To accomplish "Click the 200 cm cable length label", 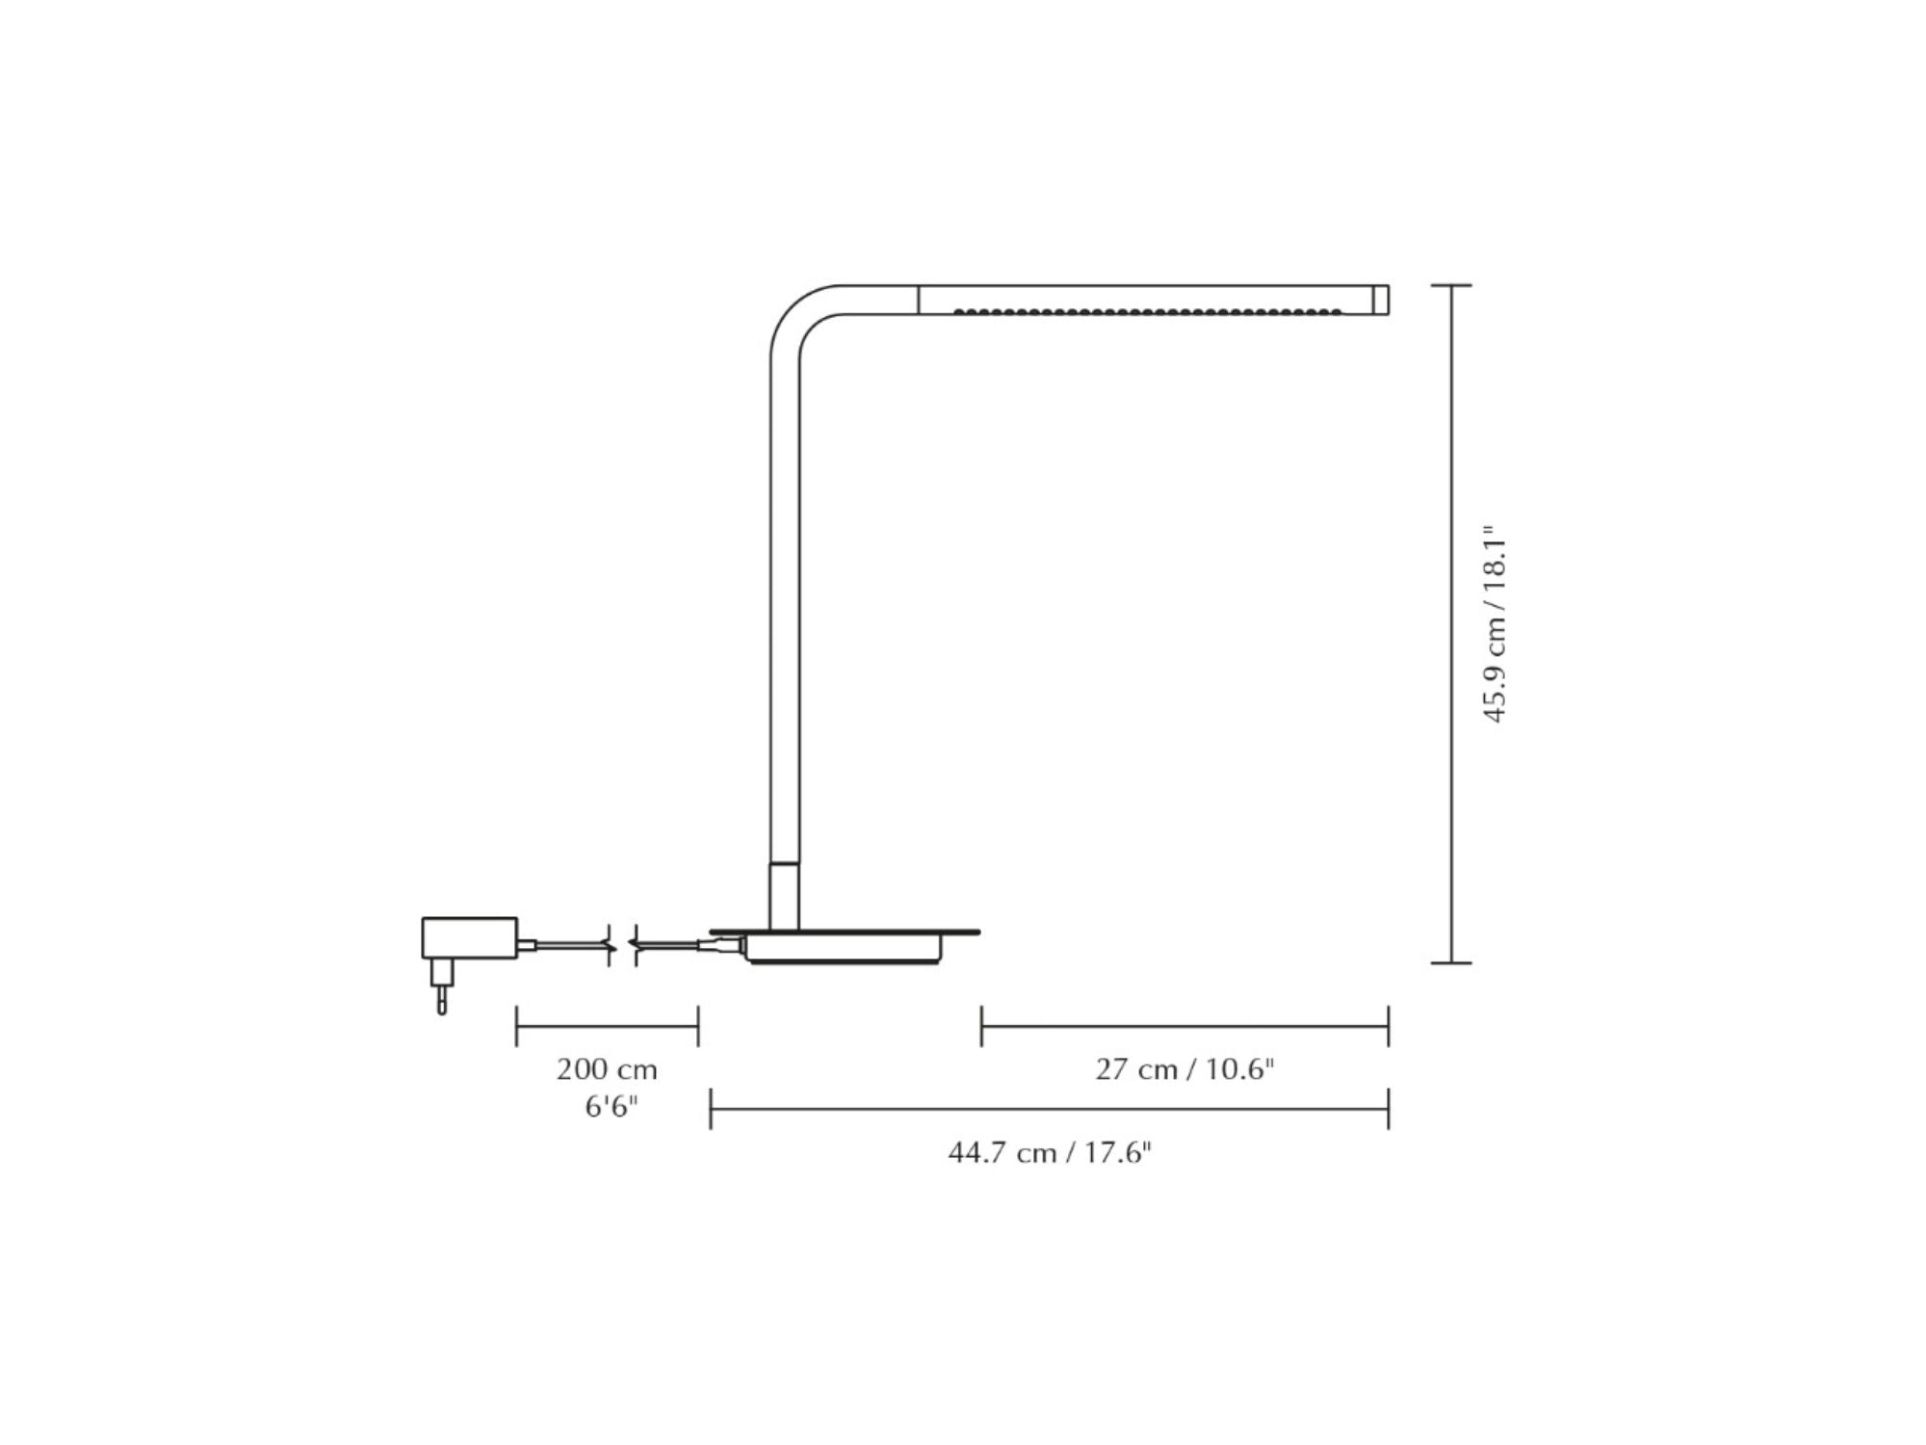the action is (607, 1069).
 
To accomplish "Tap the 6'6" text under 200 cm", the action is (612, 1107).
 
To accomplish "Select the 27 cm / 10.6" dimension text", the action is (1184, 1069).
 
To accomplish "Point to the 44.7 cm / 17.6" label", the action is (1050, 1152).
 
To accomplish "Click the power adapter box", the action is (469, 938).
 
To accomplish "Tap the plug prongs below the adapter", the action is (441, 986).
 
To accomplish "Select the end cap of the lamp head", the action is (1380, 300).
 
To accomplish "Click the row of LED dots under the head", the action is (1147, 311).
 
